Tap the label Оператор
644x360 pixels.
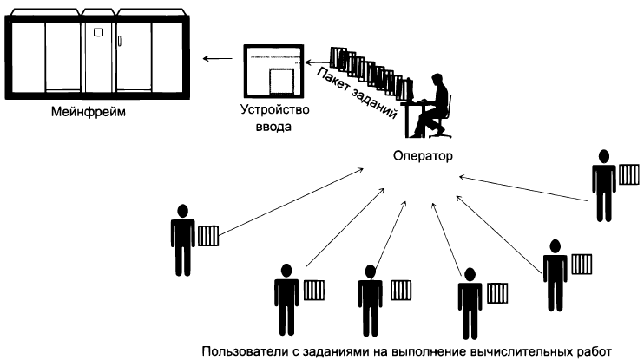coord(421,158)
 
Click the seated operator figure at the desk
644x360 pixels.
coord(431,104)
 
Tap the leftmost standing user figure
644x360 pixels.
coord(182,237)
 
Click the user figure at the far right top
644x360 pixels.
coord(602,184)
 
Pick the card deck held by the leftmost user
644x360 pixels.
coord(208,236)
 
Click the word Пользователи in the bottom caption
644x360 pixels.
coord(240,351)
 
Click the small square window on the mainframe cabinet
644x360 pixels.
coord(97,33)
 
